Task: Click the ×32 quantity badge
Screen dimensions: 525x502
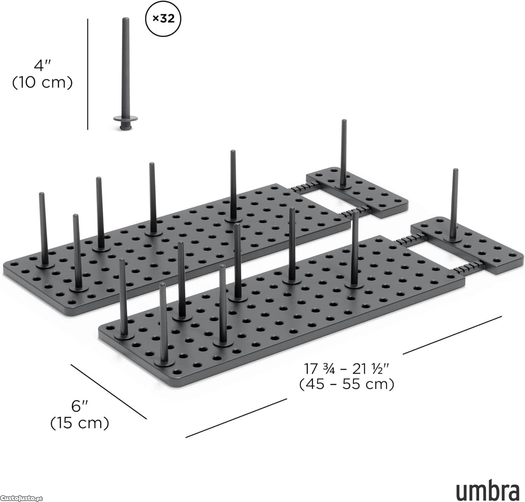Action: [x=163, y=19]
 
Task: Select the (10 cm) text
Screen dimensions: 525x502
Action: [x=42, y=83]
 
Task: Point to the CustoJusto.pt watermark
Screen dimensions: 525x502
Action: [x=21, y=498]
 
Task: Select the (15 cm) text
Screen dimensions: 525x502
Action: [x=79, y=423]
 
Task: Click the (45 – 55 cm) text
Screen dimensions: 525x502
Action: [x=347, y=384]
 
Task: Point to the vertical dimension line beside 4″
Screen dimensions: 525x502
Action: [x=87, y=74]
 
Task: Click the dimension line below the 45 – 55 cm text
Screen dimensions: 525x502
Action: [x=236, y=418]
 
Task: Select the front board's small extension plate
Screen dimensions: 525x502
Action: [x=464, y=245]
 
